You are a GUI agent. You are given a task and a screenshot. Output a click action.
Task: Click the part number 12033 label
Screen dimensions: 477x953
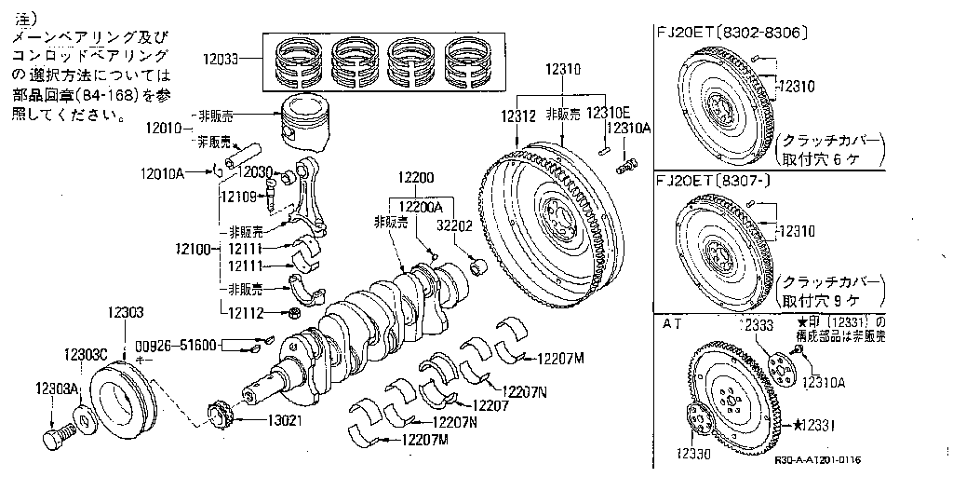pos(221,58)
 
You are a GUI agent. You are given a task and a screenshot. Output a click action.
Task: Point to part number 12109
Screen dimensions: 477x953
pos(238,196)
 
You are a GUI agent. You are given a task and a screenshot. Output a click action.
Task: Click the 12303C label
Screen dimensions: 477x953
pos(87,355)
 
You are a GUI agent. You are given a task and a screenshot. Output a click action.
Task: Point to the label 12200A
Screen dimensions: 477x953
pos(420,207)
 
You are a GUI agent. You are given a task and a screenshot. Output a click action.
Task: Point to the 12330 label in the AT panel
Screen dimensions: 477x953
pos(691,454)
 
